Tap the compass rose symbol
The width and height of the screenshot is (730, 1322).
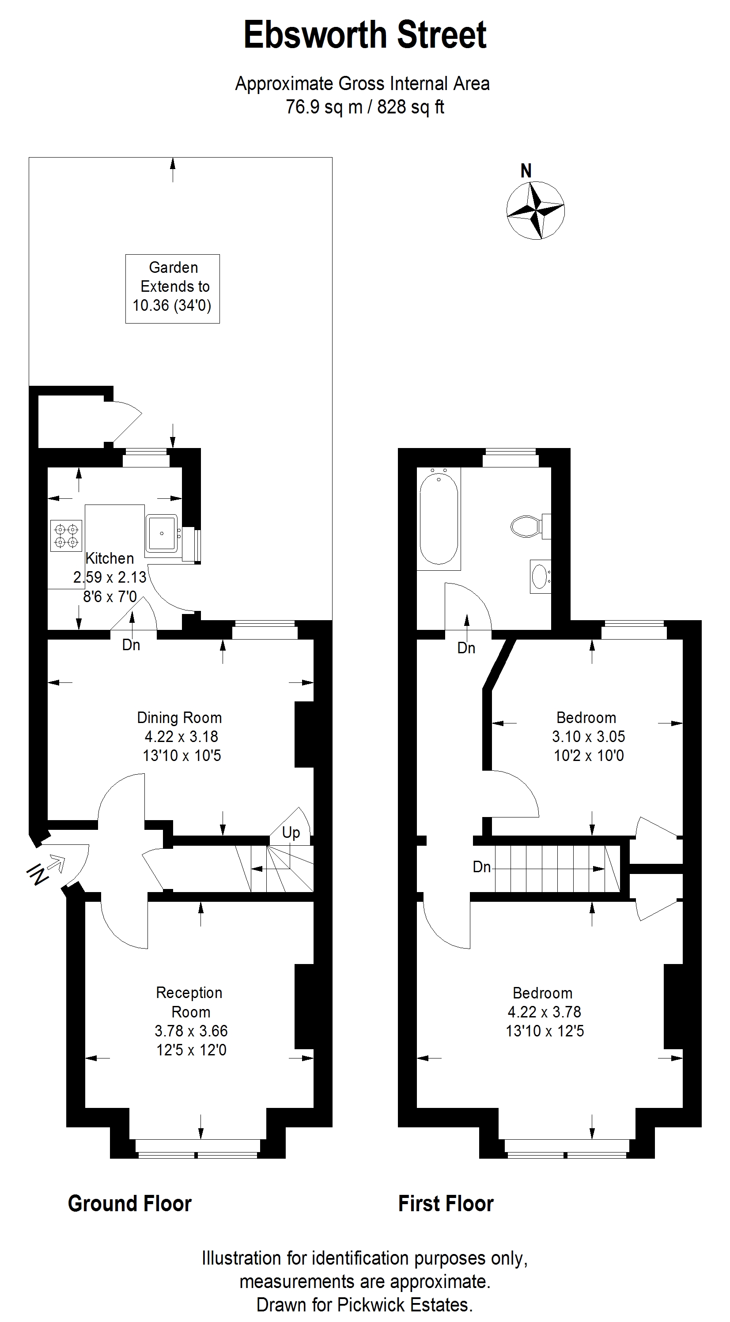point(535,211)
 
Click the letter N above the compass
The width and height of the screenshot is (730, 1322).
point(526,171)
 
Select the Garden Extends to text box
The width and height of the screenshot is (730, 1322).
point(173,288)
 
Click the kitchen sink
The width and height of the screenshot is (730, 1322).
point(162,534)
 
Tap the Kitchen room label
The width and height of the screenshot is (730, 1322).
point(110,558)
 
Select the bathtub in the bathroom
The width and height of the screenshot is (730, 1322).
point(439,518)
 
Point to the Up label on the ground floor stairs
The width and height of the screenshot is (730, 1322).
point(291,832)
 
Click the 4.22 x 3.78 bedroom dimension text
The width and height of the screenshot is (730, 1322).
point(544,1012)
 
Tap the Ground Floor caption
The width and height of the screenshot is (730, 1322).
point(130,1203)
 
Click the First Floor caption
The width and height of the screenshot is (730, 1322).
point(446,1203)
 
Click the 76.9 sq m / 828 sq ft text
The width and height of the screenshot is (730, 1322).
point(365,107)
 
